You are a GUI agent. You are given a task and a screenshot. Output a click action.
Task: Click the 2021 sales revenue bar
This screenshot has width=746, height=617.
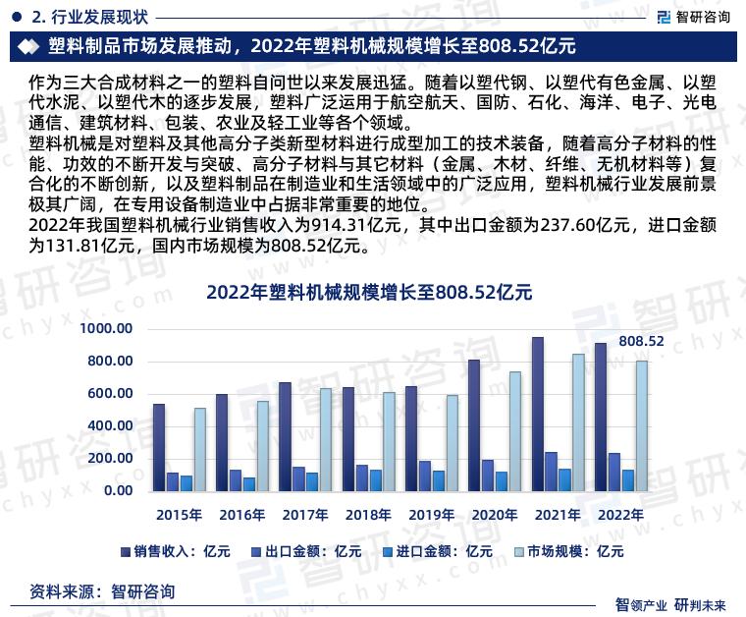click(x=538, y=414)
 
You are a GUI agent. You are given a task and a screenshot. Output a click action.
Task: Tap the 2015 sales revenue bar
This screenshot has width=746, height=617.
click(x=159, y=447)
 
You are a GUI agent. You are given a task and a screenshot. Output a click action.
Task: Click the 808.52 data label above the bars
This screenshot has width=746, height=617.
click(x=641, y=341)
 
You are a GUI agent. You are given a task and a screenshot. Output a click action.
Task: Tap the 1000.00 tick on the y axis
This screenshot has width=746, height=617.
click(x=107, y=329)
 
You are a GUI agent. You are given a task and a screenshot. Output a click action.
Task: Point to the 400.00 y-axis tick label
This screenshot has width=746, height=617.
click(x=111, y=426)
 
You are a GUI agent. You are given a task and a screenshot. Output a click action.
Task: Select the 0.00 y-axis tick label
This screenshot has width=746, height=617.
click(x=118, y=491)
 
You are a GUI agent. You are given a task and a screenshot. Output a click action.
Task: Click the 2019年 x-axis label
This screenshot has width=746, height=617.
click(x=431, y=515)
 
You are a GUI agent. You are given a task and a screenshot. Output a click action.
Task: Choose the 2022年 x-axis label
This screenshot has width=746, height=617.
click(x=620, y=515)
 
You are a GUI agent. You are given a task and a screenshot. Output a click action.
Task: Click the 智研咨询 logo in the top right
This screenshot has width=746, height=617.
click(x=693, y=16)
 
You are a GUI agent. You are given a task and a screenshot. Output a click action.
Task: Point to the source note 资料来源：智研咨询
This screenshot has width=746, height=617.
click(x=103, y=591)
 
